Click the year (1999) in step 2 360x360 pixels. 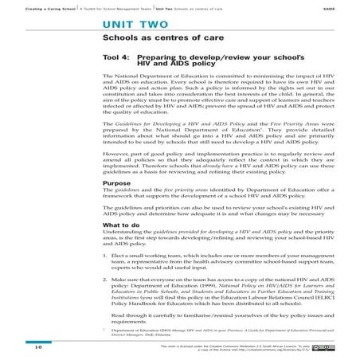[x=218, y=289]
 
